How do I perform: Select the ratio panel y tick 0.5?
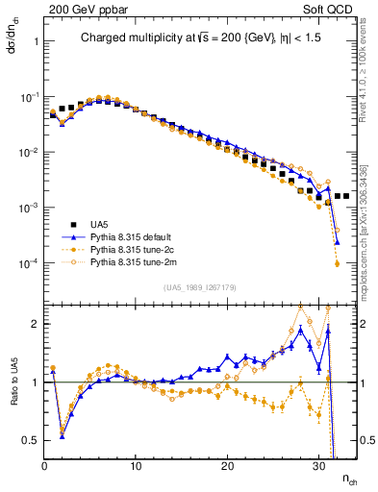pos(31,440)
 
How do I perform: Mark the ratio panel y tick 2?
pos(35,324)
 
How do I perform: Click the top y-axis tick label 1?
pos(35,42)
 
